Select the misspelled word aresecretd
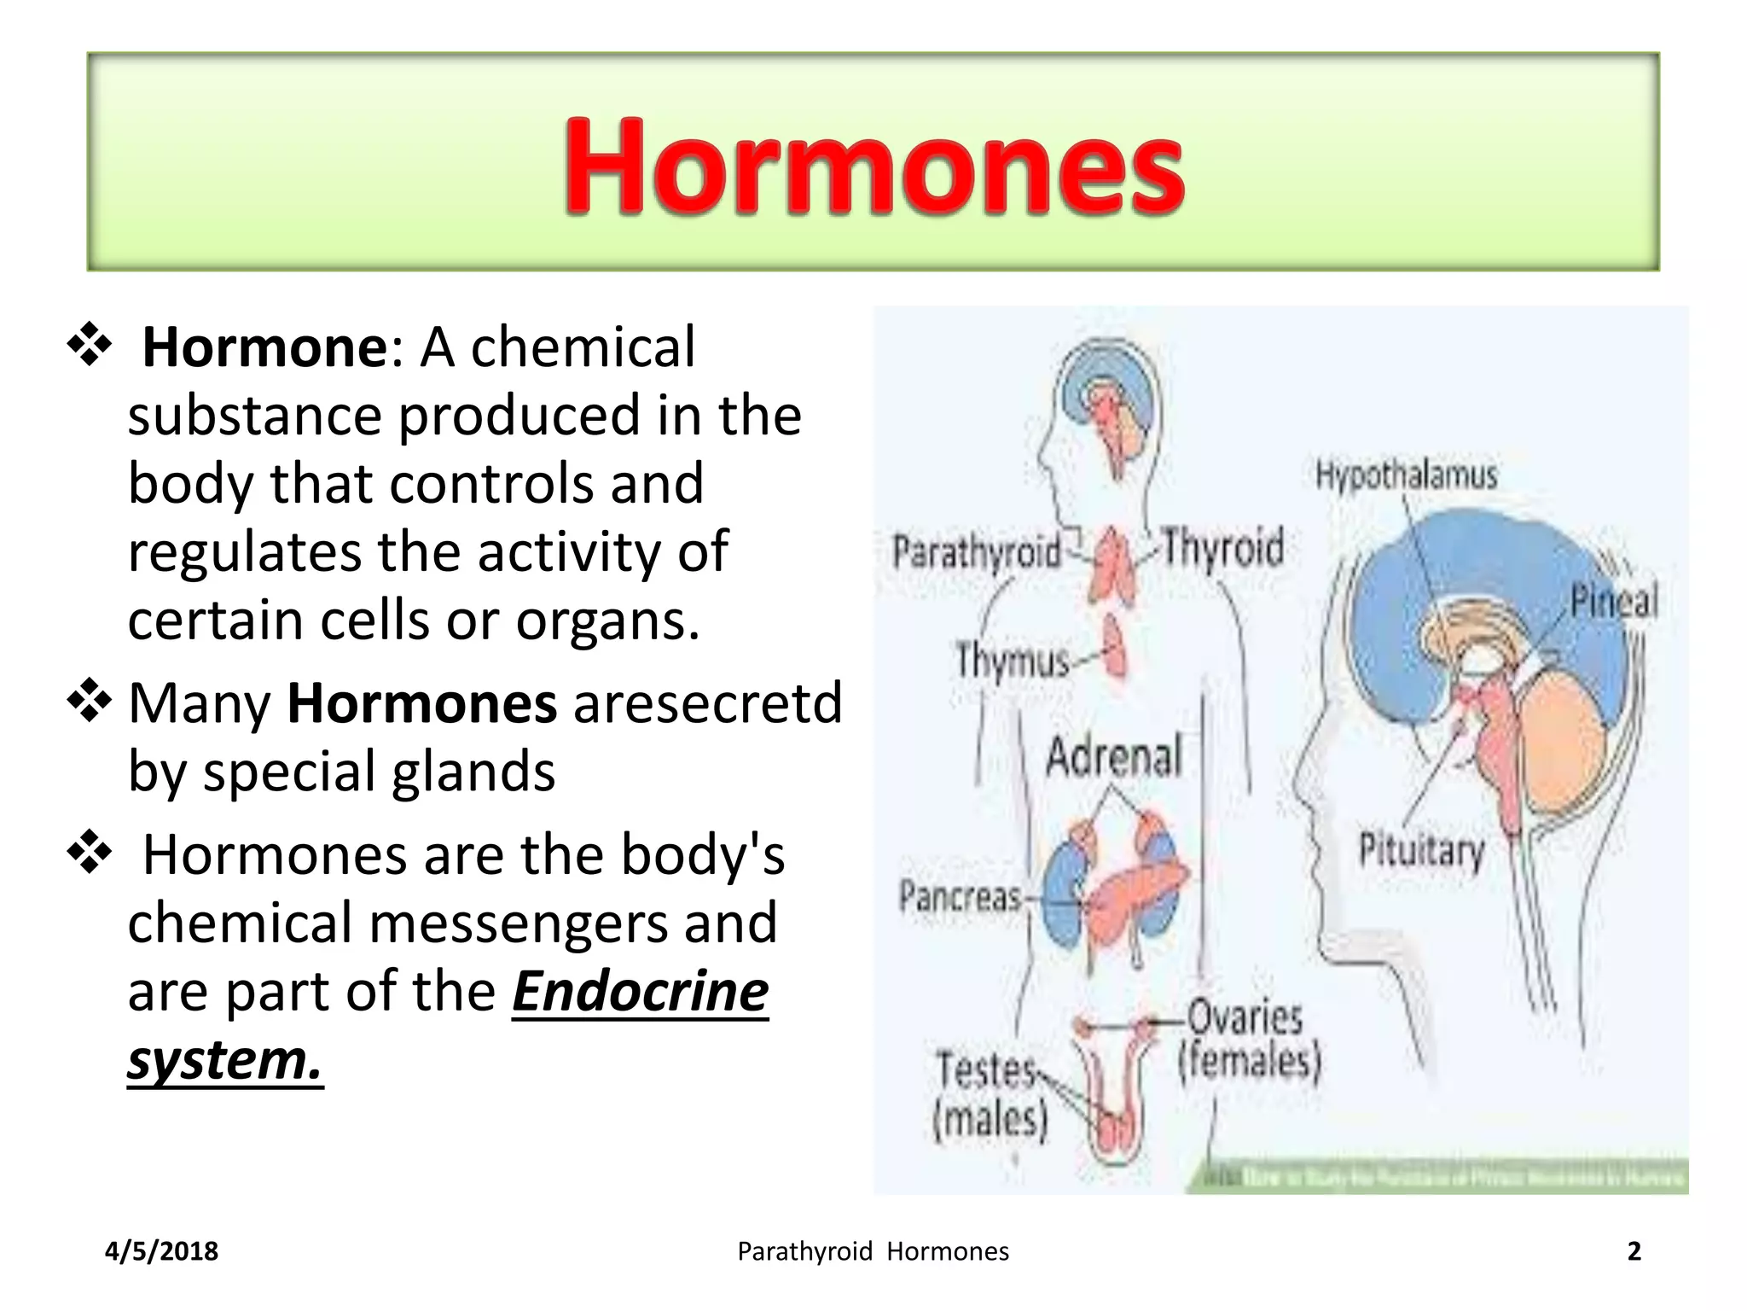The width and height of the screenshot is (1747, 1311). pos(707,702)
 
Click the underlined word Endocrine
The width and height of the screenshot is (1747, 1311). pos(640,992)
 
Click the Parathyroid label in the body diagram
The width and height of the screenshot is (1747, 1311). pos(976,552)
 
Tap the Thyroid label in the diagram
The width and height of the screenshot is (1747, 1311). pos(1223,547)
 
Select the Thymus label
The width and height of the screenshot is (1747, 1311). pos(1012,660)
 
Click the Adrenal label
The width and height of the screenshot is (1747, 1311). pos(1113,756)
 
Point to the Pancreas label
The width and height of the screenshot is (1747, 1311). pos(960,896)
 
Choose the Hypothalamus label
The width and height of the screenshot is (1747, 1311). pos(1406,475)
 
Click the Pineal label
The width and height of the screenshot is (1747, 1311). pos(1614,600)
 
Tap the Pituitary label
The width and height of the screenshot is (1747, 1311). pos(1421,850)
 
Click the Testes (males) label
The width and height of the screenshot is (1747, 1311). pos(990,1094)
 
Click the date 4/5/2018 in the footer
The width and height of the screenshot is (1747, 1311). pos(161,1251)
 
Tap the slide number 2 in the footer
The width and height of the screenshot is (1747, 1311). pos(1634,1251)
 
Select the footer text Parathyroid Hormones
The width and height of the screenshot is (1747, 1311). pos(873,1251)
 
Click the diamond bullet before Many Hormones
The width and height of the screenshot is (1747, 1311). pos(90,702)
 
